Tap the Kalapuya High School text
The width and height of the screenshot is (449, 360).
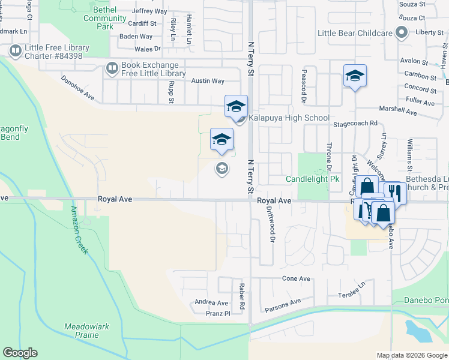(x=289, y=118)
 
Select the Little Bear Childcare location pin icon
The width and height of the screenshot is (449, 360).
(x=402, y=33)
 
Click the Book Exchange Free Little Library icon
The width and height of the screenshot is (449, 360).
(x=112, y=69)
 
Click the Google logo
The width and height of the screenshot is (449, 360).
(x=20, y=353)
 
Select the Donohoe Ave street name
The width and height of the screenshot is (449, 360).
(x=78, y=88)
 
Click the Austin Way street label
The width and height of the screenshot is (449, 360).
(x=207, y=81)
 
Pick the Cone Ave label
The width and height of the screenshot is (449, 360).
(x=296, y=279)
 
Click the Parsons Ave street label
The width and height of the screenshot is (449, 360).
(x=283, y=305)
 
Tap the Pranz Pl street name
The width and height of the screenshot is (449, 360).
(x=217, y=313)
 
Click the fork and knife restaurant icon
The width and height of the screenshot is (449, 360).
(x=394, y=192)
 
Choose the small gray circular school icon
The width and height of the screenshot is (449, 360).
(x=221, y=168)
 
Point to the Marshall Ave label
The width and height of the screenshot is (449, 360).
(x=397, y=112)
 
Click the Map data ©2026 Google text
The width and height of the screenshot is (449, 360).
(x=411, y=355)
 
